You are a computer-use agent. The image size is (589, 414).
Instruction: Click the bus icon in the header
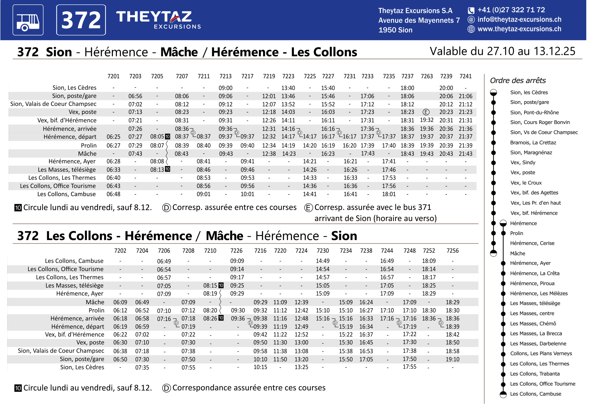coord(28,20)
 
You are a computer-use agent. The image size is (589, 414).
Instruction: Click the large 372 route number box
coord(81,20)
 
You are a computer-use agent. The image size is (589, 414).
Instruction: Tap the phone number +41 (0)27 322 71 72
coord(511,10)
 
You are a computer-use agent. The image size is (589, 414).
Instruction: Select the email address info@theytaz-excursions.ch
coord(519,20)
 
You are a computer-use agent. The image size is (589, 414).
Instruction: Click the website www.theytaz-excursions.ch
coord(519,29)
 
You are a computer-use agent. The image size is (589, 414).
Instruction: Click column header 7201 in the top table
coord(113,76)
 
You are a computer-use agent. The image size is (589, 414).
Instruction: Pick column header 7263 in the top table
coord(427,76)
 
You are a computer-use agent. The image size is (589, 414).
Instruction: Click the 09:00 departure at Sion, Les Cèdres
coord(225,88)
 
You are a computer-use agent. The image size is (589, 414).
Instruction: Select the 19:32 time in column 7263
coord(427,120)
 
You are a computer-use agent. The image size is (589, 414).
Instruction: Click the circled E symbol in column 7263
coord(426,112)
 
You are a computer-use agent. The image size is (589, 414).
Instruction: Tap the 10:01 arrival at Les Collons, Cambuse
coord(247,194)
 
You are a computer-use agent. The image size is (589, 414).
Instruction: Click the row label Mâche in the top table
coord(87,154)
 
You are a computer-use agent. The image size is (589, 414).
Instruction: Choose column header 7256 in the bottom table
coord(453,251)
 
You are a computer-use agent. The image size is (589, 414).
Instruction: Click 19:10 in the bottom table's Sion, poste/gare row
coord(453,359)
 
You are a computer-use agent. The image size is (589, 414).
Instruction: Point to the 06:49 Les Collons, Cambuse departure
coord(164,261)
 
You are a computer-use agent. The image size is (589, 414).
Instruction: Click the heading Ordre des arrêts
coord(518,80)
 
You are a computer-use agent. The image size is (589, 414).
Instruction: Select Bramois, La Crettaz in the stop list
coord(533,143)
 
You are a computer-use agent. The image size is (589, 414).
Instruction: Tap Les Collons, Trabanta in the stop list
coord(535,374)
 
